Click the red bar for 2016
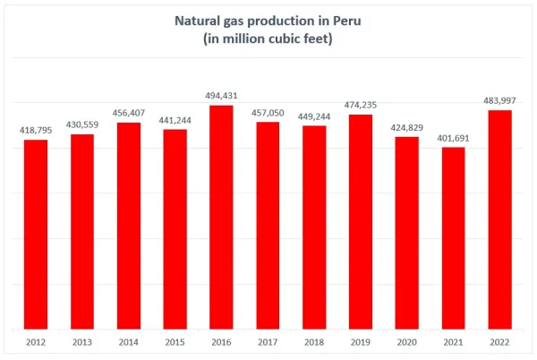[221, 217]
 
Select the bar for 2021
[454, 237]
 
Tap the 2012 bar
[36, 234]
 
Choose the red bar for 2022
[500, 219]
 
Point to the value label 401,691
[454, 138]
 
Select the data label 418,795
[37, 131]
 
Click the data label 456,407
[129, 113]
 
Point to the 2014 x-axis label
[129, 341]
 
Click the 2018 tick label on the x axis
[314, 341]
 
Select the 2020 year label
[407, 341]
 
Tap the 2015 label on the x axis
[175, 341]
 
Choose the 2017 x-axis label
[268, 341]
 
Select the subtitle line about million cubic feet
[268, 39]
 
